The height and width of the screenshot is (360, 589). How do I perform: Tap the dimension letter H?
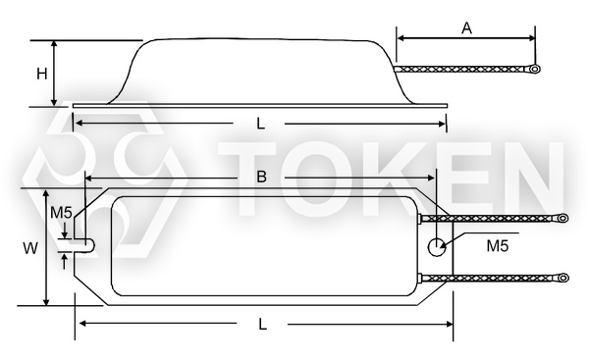(41, 74)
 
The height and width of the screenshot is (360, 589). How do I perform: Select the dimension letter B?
(261, 178)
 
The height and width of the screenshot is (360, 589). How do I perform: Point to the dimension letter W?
(31, 249)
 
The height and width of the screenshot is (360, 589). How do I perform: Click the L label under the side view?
(259, 124)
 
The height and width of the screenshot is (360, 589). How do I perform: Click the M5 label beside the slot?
(61, 213)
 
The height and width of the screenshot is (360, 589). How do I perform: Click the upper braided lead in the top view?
(491, 218)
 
